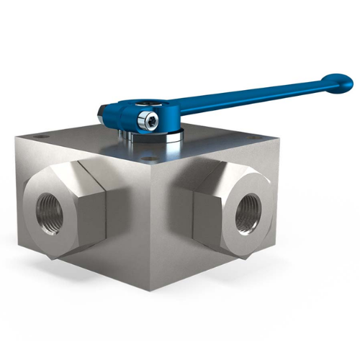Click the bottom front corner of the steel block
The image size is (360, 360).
153,290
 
